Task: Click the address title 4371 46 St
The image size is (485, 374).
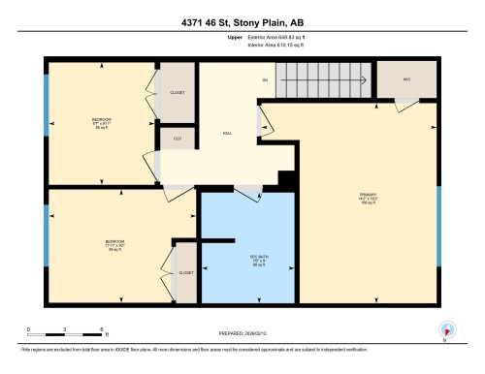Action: [242, 22]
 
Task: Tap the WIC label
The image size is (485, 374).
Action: [405, 79]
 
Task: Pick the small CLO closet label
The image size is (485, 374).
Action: [178, 140]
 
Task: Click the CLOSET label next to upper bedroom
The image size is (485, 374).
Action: [178, 92]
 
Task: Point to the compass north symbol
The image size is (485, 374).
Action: [446, 330]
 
